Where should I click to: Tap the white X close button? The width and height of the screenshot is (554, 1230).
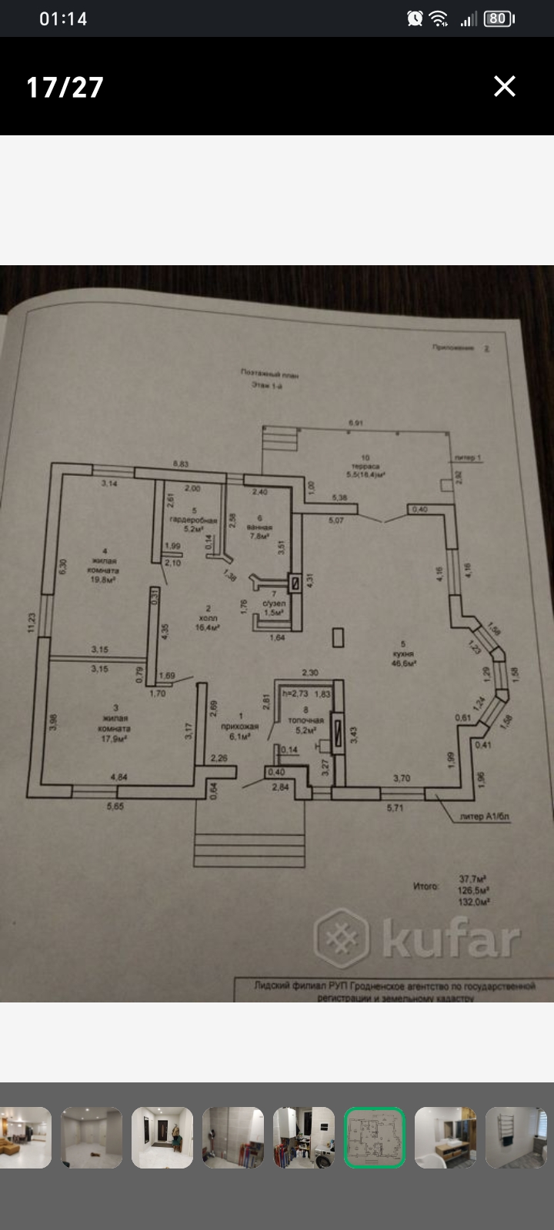[x=505, y=86]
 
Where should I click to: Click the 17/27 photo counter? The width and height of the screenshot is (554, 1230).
[x=65, y=87]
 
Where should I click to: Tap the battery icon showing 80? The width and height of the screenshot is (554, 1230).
[x=499, y=18]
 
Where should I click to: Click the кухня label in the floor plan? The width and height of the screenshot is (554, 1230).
[x=403, y=653]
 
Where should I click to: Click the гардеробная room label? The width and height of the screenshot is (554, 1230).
[x=194, y=520]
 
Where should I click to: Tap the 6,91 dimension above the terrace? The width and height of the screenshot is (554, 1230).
[x=355, y=423]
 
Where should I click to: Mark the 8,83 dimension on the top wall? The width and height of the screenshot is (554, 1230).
[x=181, y=464]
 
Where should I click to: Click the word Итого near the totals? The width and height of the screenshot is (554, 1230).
[x=426, y=886]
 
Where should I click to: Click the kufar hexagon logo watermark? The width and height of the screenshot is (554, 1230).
[x=342, y=939]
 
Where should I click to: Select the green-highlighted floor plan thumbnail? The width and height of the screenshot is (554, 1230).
[x=374, y=1138]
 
